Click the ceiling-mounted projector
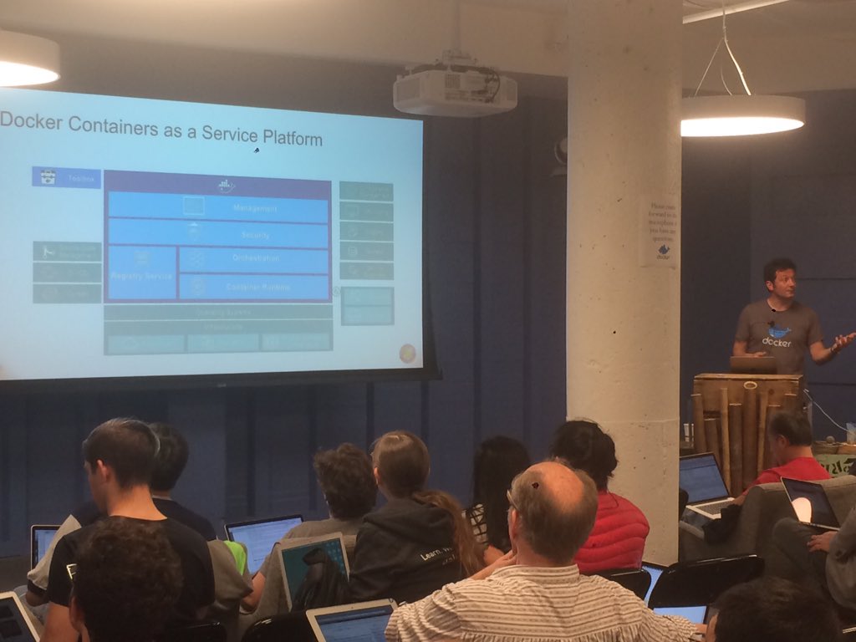coord(454,90)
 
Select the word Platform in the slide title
coord(292,138)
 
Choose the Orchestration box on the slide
coord(254,259)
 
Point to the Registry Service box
coord(141,273)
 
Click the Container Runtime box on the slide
coord(254,287)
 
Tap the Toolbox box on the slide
coord(66,177)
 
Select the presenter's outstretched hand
coord(842,339)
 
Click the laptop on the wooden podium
coord(753,364)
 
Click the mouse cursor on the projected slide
coord(257,150)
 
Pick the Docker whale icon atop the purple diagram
coord(226,185)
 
